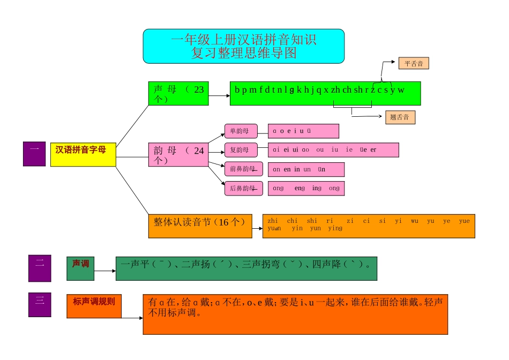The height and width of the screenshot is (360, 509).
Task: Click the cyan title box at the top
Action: [x=243, y=46]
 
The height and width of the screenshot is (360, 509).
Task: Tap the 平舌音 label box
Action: [x=414, y=64]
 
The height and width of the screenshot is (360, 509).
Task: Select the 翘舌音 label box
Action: [x=400, y=117]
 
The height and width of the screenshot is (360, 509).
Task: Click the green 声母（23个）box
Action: [x=178, y=94]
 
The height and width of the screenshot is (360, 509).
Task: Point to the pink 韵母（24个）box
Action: [x=178, y=155]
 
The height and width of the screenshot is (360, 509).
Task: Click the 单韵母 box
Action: [x=241, y=131]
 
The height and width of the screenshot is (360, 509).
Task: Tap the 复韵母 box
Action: [x=241, y=149]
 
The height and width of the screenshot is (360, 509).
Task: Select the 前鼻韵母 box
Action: [x=243, y=169]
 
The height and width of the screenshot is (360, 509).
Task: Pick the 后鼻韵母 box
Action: [x=243, y=189]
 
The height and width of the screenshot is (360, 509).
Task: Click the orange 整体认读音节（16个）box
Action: [x=200, y=226]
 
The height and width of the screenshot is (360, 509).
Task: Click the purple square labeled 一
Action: [x=34, y=154]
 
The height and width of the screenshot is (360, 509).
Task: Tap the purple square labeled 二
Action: [x=39, y=268]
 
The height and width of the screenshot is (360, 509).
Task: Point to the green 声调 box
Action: [x=80, y=268]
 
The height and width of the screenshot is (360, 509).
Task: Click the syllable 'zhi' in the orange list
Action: [x=272, y=221]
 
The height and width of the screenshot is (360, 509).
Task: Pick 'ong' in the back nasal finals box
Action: [x=334, y=189]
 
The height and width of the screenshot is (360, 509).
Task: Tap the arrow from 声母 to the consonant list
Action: [x=219, y=96]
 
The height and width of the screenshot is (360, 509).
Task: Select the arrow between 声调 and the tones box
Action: [x=105, y=271]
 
